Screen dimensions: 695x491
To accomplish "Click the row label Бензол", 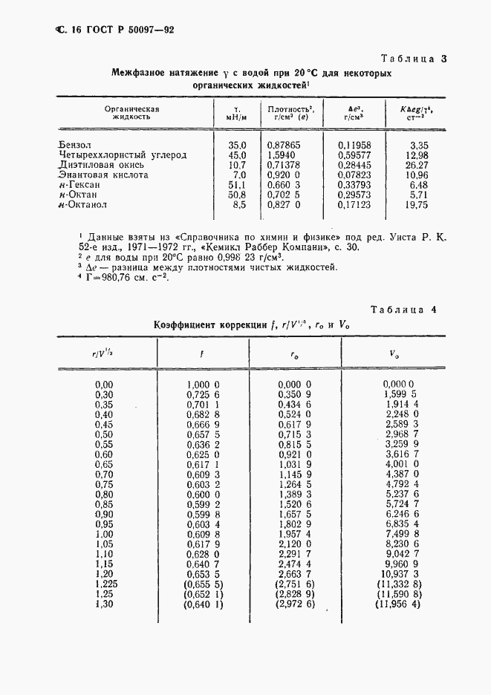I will [76, 145].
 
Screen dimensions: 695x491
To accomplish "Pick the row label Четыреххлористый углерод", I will [123, 155].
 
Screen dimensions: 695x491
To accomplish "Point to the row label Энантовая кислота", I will [103, 175].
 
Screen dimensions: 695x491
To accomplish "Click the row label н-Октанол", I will [82, 205].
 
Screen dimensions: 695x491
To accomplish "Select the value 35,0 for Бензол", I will [237, 145].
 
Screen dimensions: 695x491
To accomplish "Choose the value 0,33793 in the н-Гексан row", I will [354, 185].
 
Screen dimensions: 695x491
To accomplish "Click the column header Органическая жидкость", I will [131, 113].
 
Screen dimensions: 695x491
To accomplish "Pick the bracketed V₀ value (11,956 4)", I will [399, 605].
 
